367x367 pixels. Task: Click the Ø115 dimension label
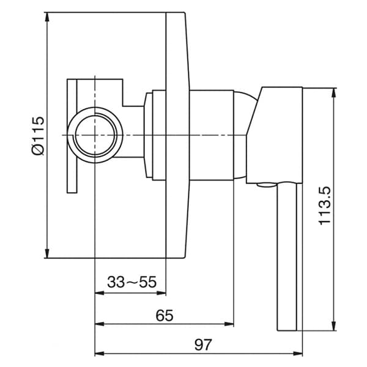[x=38, y=136]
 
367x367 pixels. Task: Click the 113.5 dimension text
[x=325, y=206]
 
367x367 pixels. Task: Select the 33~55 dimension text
[x=132, y=282]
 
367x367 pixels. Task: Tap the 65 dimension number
[x=165, y=316]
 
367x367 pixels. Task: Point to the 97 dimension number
[x=203, y=345]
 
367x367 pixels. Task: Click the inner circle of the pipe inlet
[x=95, y=135]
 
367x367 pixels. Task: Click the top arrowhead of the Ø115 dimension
[x=47, y=17]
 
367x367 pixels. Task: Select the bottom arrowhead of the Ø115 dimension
[x=47, y=253]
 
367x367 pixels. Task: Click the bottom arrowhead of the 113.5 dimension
[x=333, y=326]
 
